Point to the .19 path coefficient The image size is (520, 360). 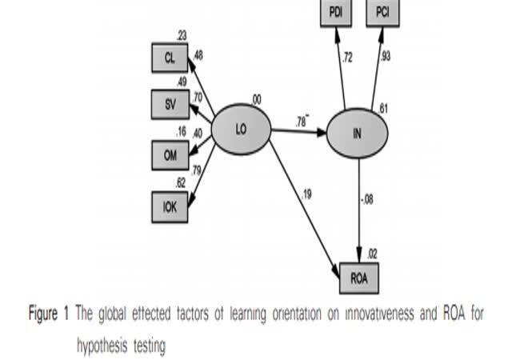308,193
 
